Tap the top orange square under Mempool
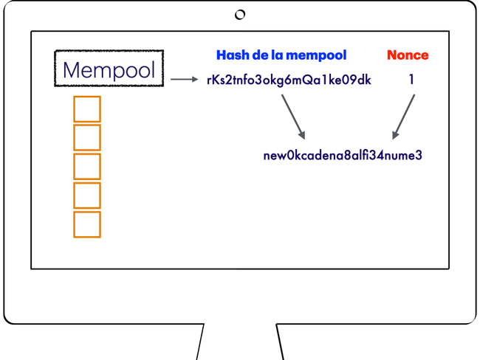[87, 109]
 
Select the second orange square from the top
[87, 138]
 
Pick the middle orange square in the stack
[87, 167]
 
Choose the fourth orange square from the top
[87, 195]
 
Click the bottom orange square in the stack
[87, 224]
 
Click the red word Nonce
[407, 55]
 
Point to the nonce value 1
[411, 80]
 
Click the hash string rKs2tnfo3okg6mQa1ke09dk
[289, 80]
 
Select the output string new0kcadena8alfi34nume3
[343, 156]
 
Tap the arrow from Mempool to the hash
[185, 80]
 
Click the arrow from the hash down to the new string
[293, 116]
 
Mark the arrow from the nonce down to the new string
[404, 116]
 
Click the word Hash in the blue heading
[231, 55]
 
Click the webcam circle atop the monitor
[240, 15]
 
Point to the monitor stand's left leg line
[200, 342]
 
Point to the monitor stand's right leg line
[281, 342]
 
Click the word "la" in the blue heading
[277, 55]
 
